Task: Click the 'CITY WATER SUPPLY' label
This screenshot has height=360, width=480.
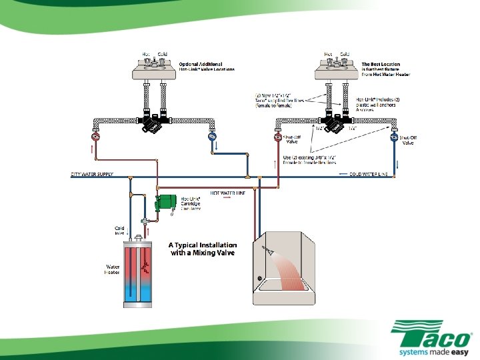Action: click(x=92, y=175)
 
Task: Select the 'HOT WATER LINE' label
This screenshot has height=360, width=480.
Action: click(x=227, y=192)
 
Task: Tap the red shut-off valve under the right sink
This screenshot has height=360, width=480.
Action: click(x=277, y=138)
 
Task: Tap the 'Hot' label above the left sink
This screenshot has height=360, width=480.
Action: click(x=145, y=53)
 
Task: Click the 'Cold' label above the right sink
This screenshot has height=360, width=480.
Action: click(x=345, y=53)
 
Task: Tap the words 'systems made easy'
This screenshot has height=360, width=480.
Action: click(x=429, y=349)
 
